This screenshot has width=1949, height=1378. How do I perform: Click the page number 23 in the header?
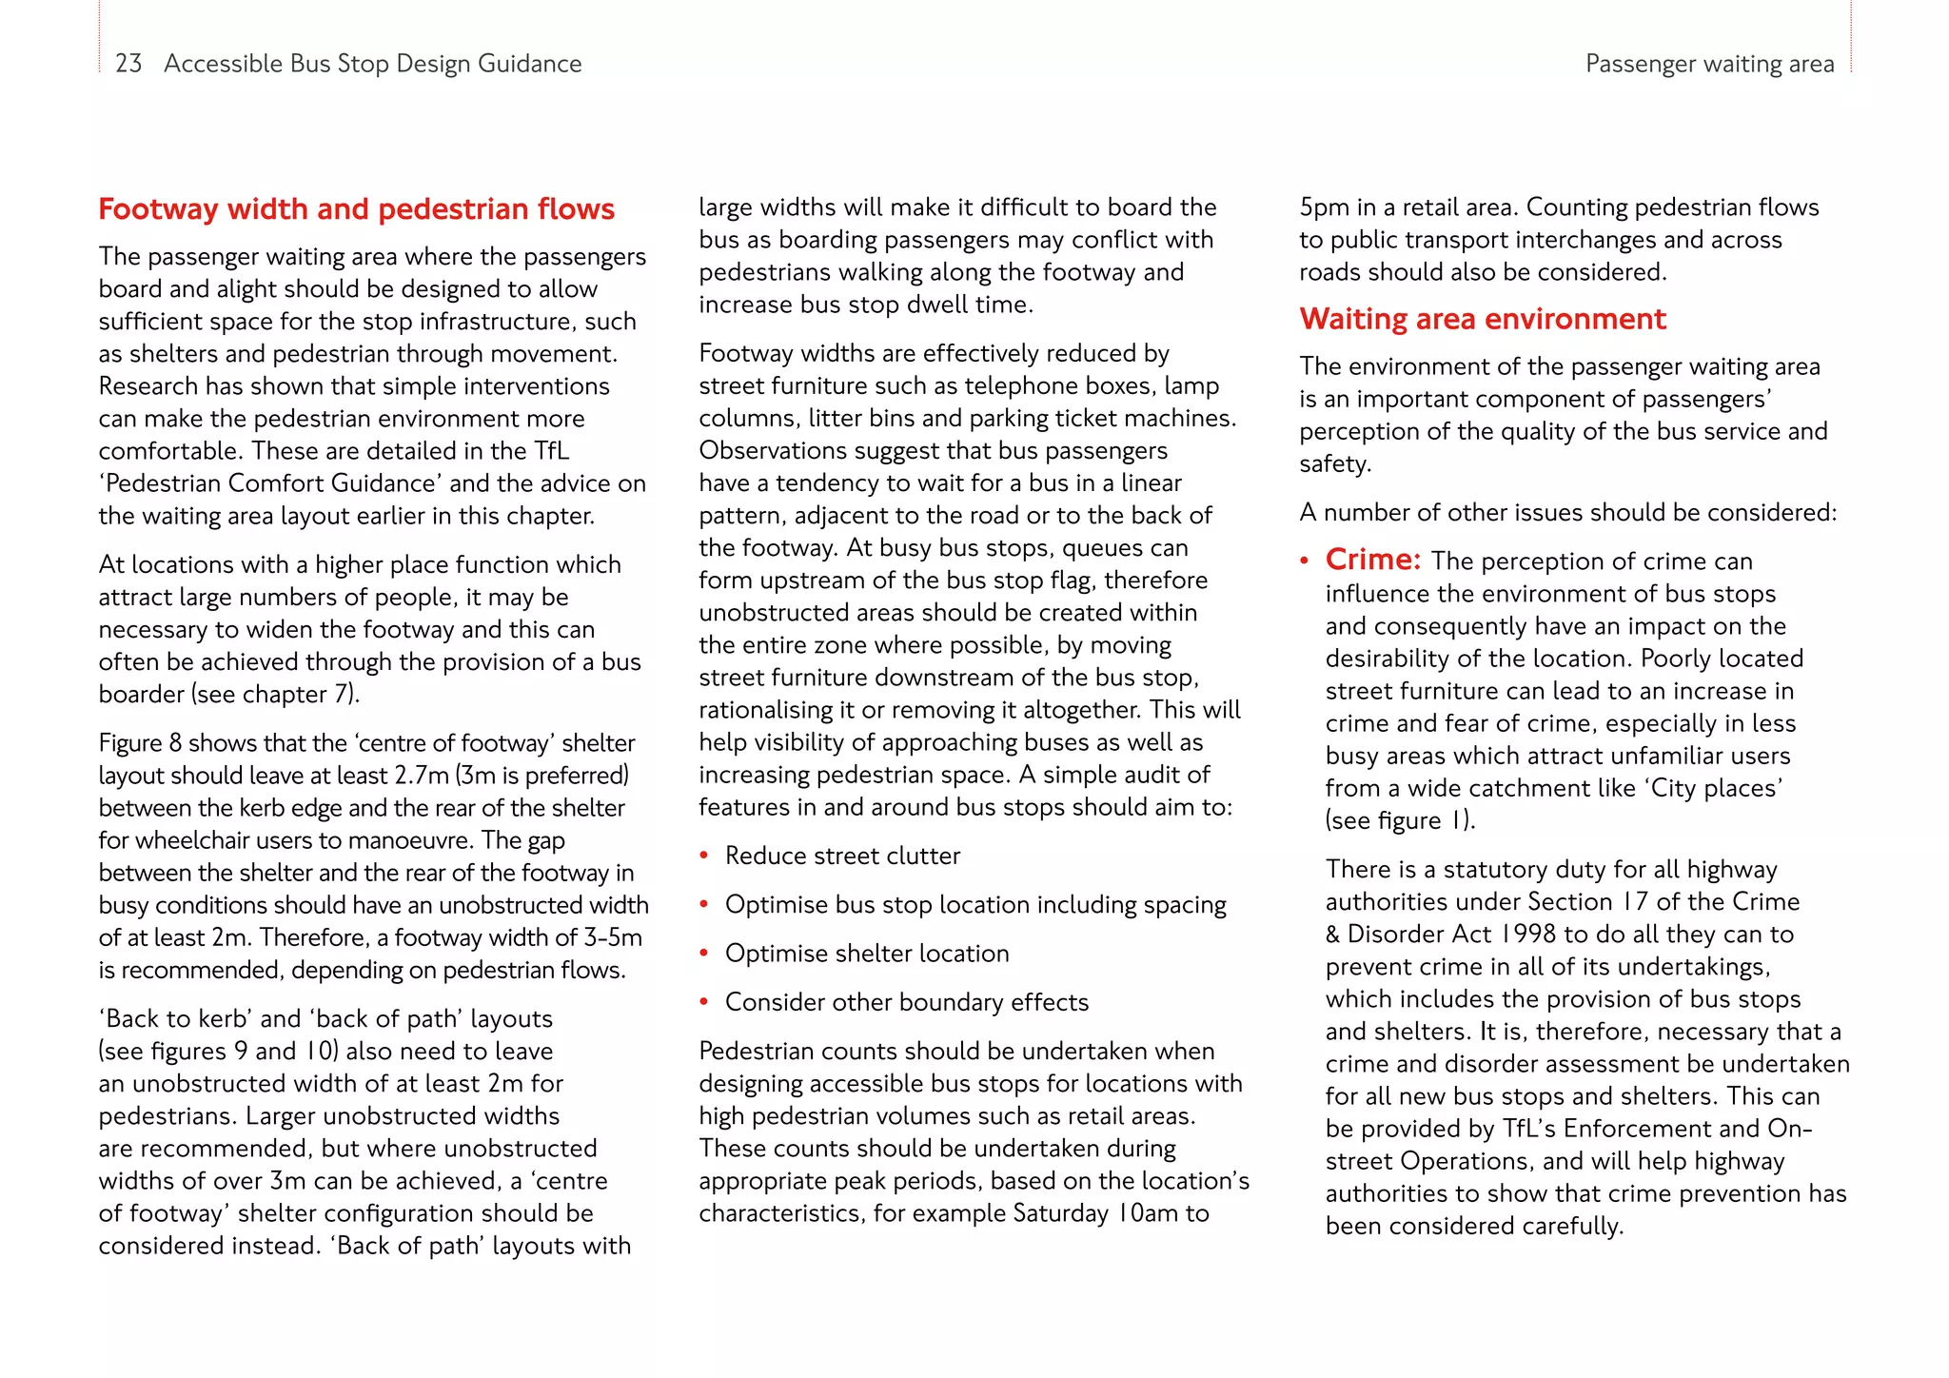[128, 64]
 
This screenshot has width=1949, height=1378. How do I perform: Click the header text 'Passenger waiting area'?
[1709, 64]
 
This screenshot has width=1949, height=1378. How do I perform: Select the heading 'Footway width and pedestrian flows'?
[357, 209]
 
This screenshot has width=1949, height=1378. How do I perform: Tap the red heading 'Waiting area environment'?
[1482, 319]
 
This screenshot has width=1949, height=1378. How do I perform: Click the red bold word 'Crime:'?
[1372, 560]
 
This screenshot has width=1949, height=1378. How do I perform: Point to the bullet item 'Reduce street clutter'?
[842, 856]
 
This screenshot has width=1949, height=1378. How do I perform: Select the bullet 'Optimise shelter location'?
[866, 954]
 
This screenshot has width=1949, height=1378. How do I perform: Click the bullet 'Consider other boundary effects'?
[906, 1002]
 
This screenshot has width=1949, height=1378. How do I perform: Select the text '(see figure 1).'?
[1400, 820]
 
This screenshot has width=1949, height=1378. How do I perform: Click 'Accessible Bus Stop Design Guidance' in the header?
[372, 64]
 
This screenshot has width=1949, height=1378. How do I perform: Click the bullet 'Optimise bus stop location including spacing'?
[975, 905]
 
